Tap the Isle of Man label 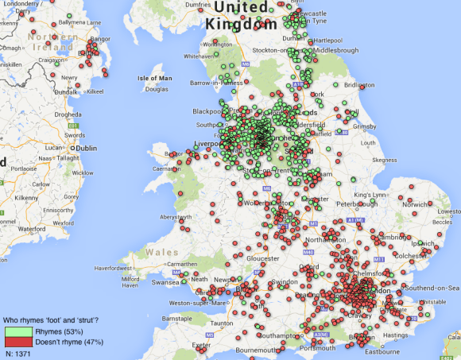click(155, 78)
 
